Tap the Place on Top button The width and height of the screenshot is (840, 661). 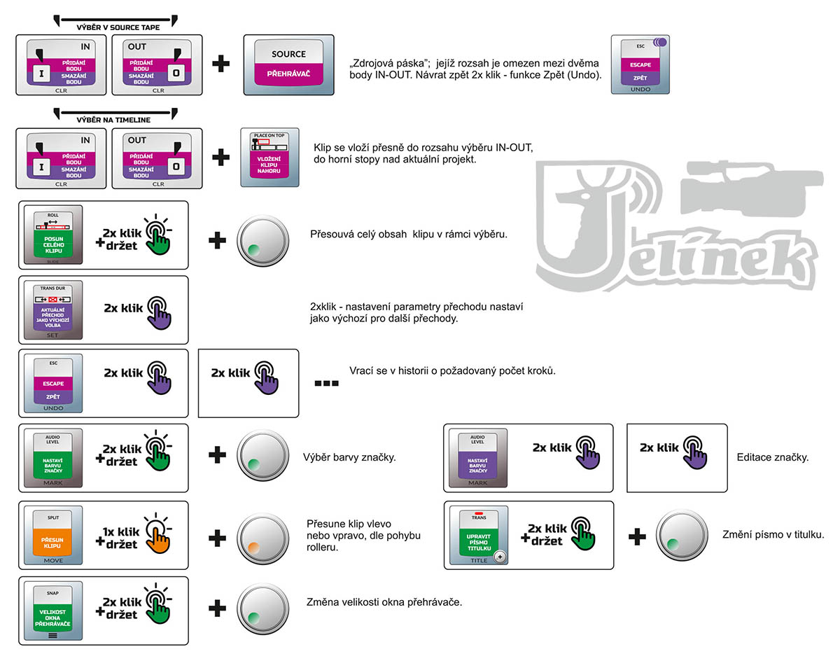(x=269, y=158)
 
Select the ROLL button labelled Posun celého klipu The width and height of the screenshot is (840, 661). (x=53, y=235)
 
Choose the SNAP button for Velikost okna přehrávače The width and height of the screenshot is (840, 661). (x=53, y=611)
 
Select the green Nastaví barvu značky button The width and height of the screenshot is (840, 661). (x=53, y=459)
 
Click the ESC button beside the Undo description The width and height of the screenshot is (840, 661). (x=640, y=64)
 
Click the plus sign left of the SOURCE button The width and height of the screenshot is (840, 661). (x=221, y=64)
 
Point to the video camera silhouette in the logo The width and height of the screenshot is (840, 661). (x=749, y=189)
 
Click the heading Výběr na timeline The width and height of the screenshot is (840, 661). (x=113, y=120)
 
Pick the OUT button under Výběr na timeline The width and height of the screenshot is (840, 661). (x=157, y=158)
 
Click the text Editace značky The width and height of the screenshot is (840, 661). (x=773, y=457)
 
